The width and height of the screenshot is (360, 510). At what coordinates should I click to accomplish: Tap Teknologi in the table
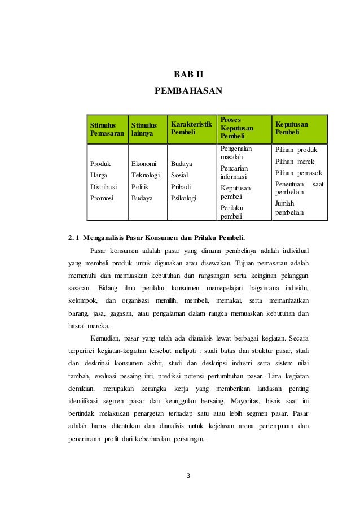coord(146,176)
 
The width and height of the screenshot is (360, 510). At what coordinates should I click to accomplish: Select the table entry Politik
coord(140,187)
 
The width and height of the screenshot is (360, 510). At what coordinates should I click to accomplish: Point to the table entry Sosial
coord(179,176)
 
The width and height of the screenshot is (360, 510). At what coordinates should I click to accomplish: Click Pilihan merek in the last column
coord(294,162)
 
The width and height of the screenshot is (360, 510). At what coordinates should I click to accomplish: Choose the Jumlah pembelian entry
coord(288,208)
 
